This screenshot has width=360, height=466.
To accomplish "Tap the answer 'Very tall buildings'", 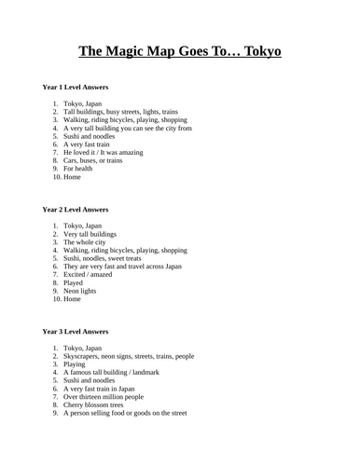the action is tap(96, 234).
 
